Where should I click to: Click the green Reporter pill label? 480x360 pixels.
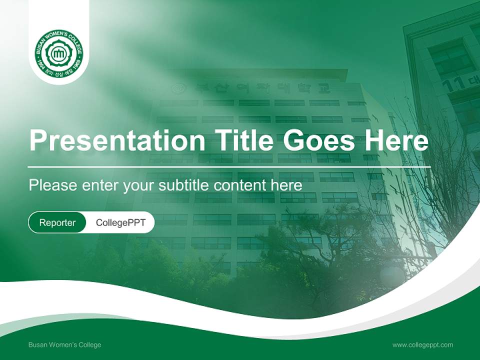click(57, 222)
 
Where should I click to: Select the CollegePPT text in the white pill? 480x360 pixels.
click(120, 222)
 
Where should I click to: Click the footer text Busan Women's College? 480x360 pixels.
click(64, 345)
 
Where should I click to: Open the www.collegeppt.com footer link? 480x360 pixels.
click(422, 345)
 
